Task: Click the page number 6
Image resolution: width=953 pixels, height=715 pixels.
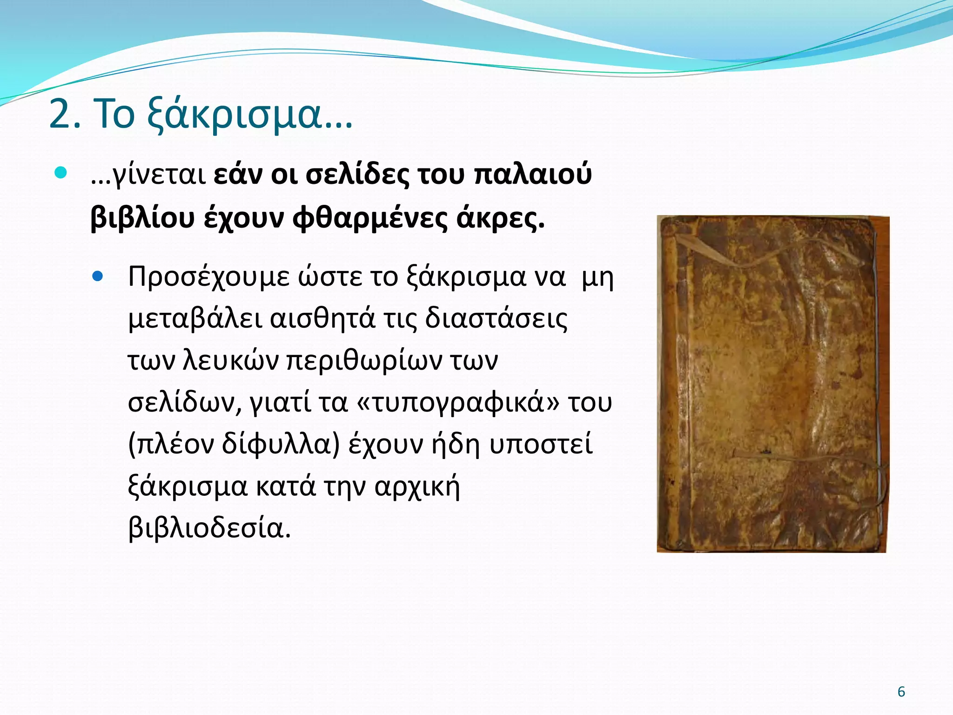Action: coord(901,692)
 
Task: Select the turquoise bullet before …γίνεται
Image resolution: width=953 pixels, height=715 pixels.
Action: coord(61,173)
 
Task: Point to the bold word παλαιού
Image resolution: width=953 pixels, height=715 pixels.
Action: coord(532,175)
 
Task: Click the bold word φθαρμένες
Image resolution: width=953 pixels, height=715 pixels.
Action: coord(369,218)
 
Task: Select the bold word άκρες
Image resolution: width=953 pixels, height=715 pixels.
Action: coord(500,218)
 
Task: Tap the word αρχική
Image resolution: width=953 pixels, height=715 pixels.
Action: coord(417,487)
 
